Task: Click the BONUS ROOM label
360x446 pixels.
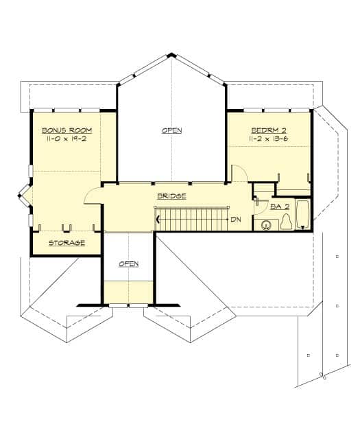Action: click(x=67, y=130)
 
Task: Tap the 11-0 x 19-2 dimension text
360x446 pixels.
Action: click(x=67, y=139)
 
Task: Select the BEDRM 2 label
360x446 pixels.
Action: click(x=264, y=130)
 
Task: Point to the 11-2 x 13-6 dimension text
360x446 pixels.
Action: click(x=264, y=139)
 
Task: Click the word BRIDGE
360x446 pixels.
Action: click(x=171, y=196)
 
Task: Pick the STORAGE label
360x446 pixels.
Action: click(x=67, y=243)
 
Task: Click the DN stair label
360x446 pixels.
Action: click(x=235, y=220)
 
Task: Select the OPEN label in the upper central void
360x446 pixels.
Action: click(x=171, y=130)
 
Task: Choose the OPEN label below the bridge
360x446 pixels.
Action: click(x=129, y=264)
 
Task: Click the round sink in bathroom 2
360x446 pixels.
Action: click(x=267, y=223)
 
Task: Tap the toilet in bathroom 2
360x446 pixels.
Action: click(x=286, y=221)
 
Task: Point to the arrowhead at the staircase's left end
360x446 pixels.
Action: click(x=158, y=220)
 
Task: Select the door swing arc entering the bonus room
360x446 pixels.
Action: click(x=91, y=196)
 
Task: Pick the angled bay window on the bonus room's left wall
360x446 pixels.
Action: click(x=24, y=196)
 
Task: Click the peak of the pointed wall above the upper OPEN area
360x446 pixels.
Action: click(x=171, y=55)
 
